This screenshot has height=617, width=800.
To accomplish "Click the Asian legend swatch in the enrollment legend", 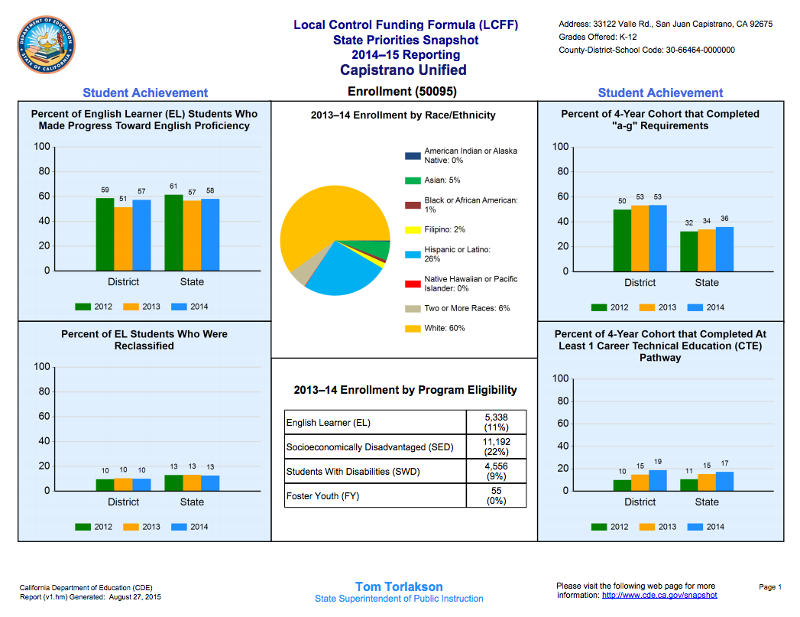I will point(413,180).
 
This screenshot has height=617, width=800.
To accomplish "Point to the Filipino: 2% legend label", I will point(445,229).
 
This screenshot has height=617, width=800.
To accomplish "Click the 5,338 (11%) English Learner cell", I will point(496,422).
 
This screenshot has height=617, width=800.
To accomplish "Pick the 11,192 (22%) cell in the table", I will point(496,447).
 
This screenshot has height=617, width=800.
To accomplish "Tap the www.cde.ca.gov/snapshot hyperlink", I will point(659,595).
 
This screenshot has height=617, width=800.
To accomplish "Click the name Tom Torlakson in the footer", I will point(399,587).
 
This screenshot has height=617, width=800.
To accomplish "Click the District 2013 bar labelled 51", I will point(123,239).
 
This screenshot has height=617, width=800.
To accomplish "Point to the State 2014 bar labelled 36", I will point(724,249).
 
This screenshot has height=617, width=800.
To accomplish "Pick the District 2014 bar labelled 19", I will point(658,480).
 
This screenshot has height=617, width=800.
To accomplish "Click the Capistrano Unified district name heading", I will point(403,70).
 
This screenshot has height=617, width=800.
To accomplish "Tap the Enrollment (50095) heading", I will point(402,92).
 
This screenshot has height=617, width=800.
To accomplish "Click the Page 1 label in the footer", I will point(770,587).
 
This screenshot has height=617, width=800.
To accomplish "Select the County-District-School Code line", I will point(646,50).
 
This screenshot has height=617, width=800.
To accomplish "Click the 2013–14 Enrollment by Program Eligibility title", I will point(405,390).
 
